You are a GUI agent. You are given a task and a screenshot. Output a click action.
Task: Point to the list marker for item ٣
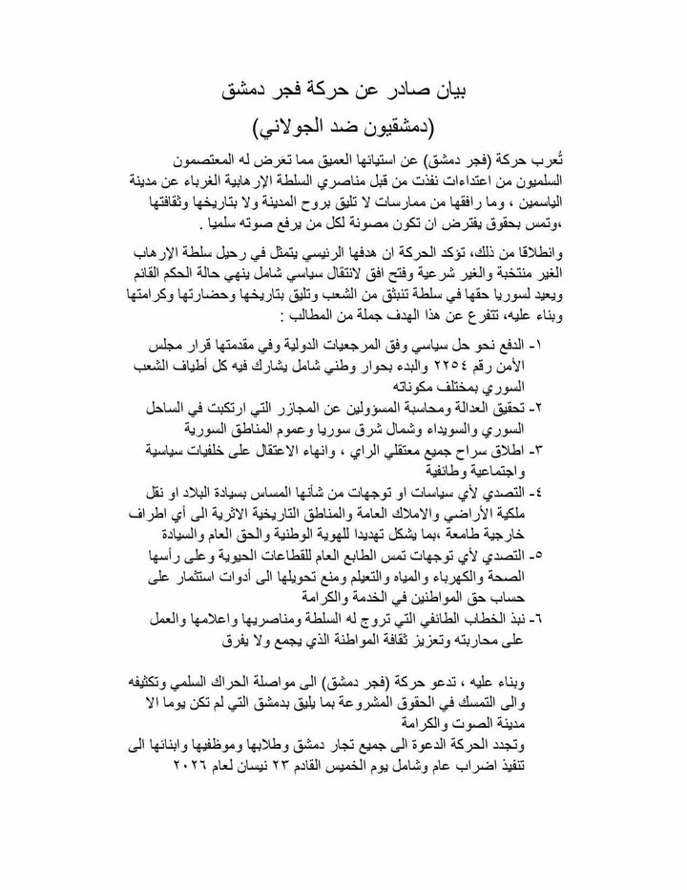click(561, 449)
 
